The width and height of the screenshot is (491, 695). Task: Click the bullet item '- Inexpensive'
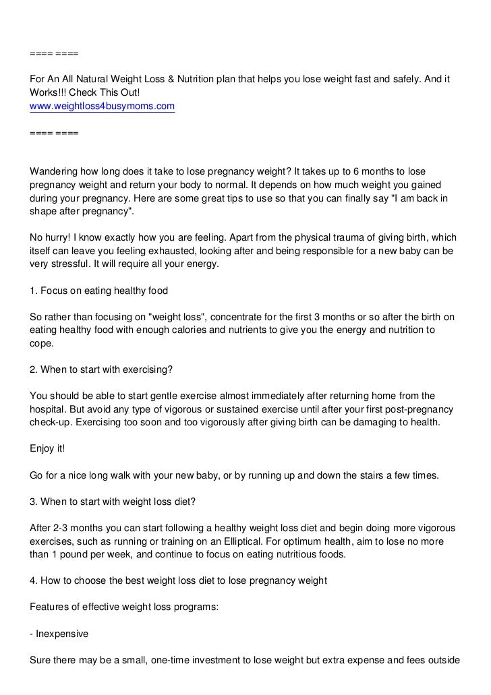tap(59, 633)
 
